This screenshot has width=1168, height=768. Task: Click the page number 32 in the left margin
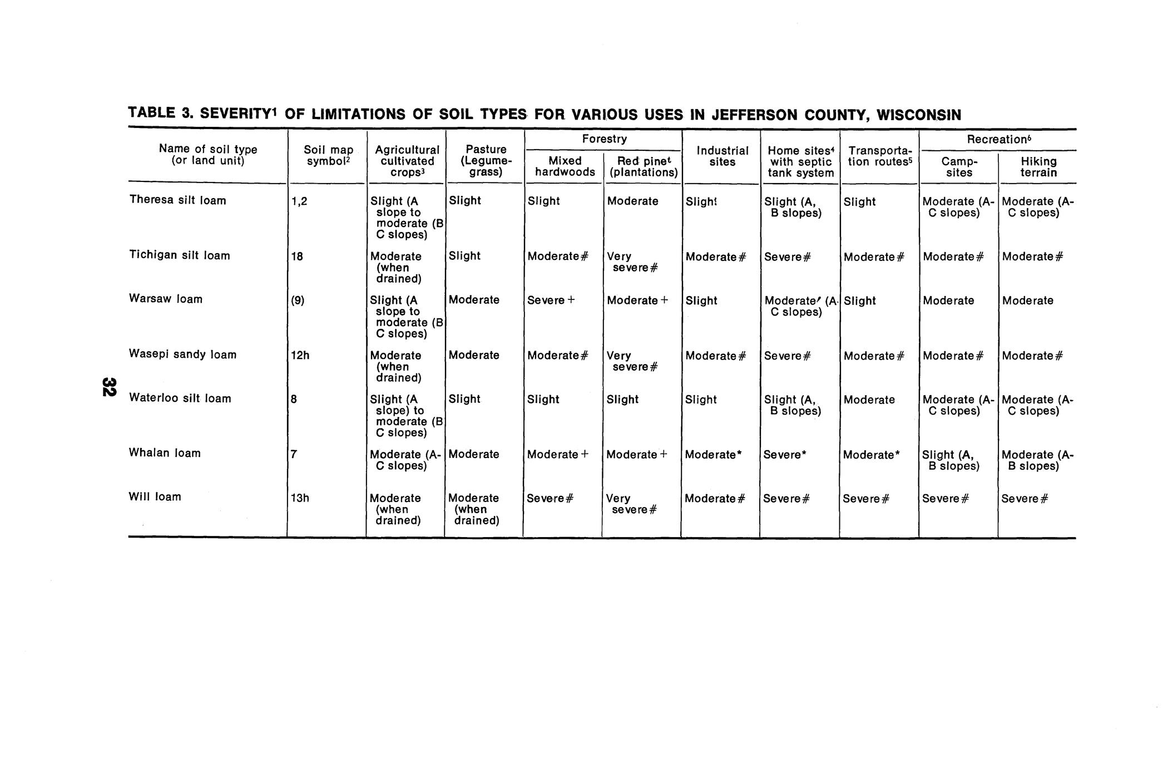(x=108, y=387)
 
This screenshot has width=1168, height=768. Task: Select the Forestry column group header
(x=604, y=139)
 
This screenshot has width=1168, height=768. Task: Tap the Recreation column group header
(x=999, y=139)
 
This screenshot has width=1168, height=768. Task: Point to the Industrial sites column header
(x=722, y=156)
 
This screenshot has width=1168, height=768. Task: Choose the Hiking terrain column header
(x=1038, y=167)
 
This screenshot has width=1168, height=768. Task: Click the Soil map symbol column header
(x=328, y=155)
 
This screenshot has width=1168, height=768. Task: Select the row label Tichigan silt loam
(x=179, y=255)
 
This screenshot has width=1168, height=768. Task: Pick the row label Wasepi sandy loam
(x=182, y=355)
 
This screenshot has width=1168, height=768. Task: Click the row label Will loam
(x=155, y=497)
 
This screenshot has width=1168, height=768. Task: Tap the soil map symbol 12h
(x=300, y=355)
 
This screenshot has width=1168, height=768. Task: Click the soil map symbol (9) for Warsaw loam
(x=298, y=300)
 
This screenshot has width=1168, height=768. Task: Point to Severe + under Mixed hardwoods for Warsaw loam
(x=551, y=301)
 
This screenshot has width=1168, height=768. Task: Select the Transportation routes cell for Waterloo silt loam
(x=869, y=400)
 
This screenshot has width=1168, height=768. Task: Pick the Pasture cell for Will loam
(x=474, y=509)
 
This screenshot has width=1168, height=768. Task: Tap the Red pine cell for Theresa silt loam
(x=632, y=201)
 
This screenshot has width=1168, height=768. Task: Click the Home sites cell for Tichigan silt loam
(x=787, y=257)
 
